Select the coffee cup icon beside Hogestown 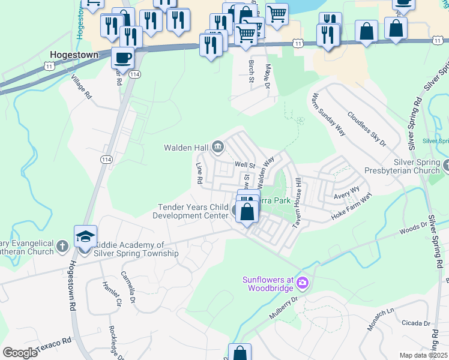(122, 58)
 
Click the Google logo (20, 353)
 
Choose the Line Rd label (199, 172)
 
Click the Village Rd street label (80, 88)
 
